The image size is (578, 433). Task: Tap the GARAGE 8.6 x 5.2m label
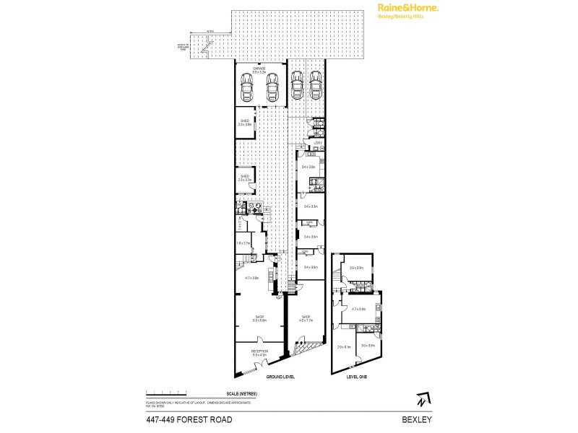(259, 71)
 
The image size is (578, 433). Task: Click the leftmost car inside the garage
(247, 89)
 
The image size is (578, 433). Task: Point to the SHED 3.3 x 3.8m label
(244, 123)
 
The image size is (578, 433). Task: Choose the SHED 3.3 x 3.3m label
(244, 177)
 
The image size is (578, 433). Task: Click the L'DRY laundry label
(317, 143)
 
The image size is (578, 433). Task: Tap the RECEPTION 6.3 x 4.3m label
(259, 353)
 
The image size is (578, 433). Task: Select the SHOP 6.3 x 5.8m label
(259, 318)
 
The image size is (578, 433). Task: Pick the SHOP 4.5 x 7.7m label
(306, 318)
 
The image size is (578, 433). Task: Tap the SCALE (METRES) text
(242, 393)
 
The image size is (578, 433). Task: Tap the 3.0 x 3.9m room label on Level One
(367, 346)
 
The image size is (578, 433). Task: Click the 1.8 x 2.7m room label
(243, 244)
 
